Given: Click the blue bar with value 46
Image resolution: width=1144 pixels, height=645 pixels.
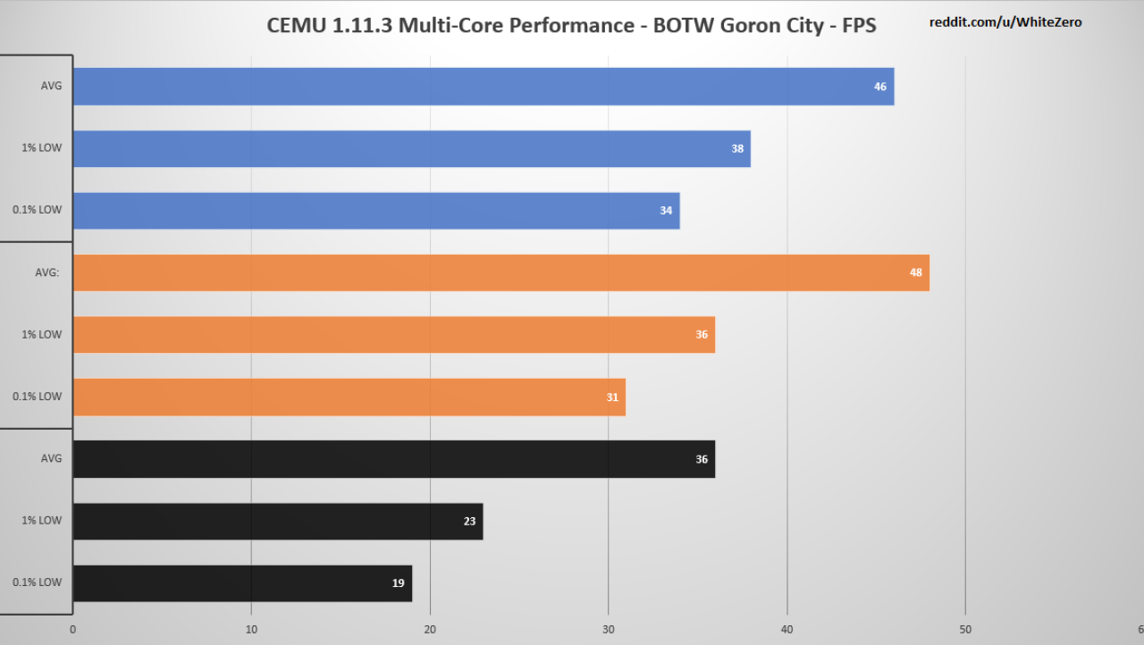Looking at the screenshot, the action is point(484,87).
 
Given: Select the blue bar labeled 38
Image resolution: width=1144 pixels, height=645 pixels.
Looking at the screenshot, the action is point(412,148).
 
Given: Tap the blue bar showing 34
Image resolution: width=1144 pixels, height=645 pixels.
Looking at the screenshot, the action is point(376,211).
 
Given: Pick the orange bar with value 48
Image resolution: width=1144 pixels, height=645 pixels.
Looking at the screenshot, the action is point(501,272).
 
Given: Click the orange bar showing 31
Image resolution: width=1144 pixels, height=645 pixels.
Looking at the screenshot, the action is point(349,397).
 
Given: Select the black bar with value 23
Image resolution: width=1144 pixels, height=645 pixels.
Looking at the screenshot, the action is point(278,521).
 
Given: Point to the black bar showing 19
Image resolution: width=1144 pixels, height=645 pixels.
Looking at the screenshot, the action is point(242,583).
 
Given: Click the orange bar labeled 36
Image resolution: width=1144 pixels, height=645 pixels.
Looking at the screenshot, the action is point(394,335).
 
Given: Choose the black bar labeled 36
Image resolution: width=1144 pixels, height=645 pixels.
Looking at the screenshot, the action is point(394,459).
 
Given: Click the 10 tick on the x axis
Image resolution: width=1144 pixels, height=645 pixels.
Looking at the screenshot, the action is point(251,630).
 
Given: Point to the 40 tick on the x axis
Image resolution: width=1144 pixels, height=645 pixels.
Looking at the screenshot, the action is point(787,630).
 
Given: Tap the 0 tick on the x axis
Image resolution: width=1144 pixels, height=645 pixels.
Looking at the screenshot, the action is point(73,630).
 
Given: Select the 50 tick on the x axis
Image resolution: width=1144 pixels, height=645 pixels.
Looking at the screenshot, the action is point(965,630).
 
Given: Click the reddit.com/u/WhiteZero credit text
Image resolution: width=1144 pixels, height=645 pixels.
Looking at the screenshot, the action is point(1005,22).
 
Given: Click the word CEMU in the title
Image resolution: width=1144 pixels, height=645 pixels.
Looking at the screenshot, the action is point(296,26).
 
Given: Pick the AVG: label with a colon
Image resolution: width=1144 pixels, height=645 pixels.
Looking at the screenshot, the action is point(47,272).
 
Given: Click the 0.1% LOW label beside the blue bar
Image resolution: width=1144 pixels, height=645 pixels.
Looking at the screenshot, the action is point(37,210).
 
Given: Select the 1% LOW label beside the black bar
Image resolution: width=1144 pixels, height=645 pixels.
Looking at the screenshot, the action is point(41,521).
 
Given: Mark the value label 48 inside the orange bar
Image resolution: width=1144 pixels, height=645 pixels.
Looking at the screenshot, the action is point(916,272).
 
